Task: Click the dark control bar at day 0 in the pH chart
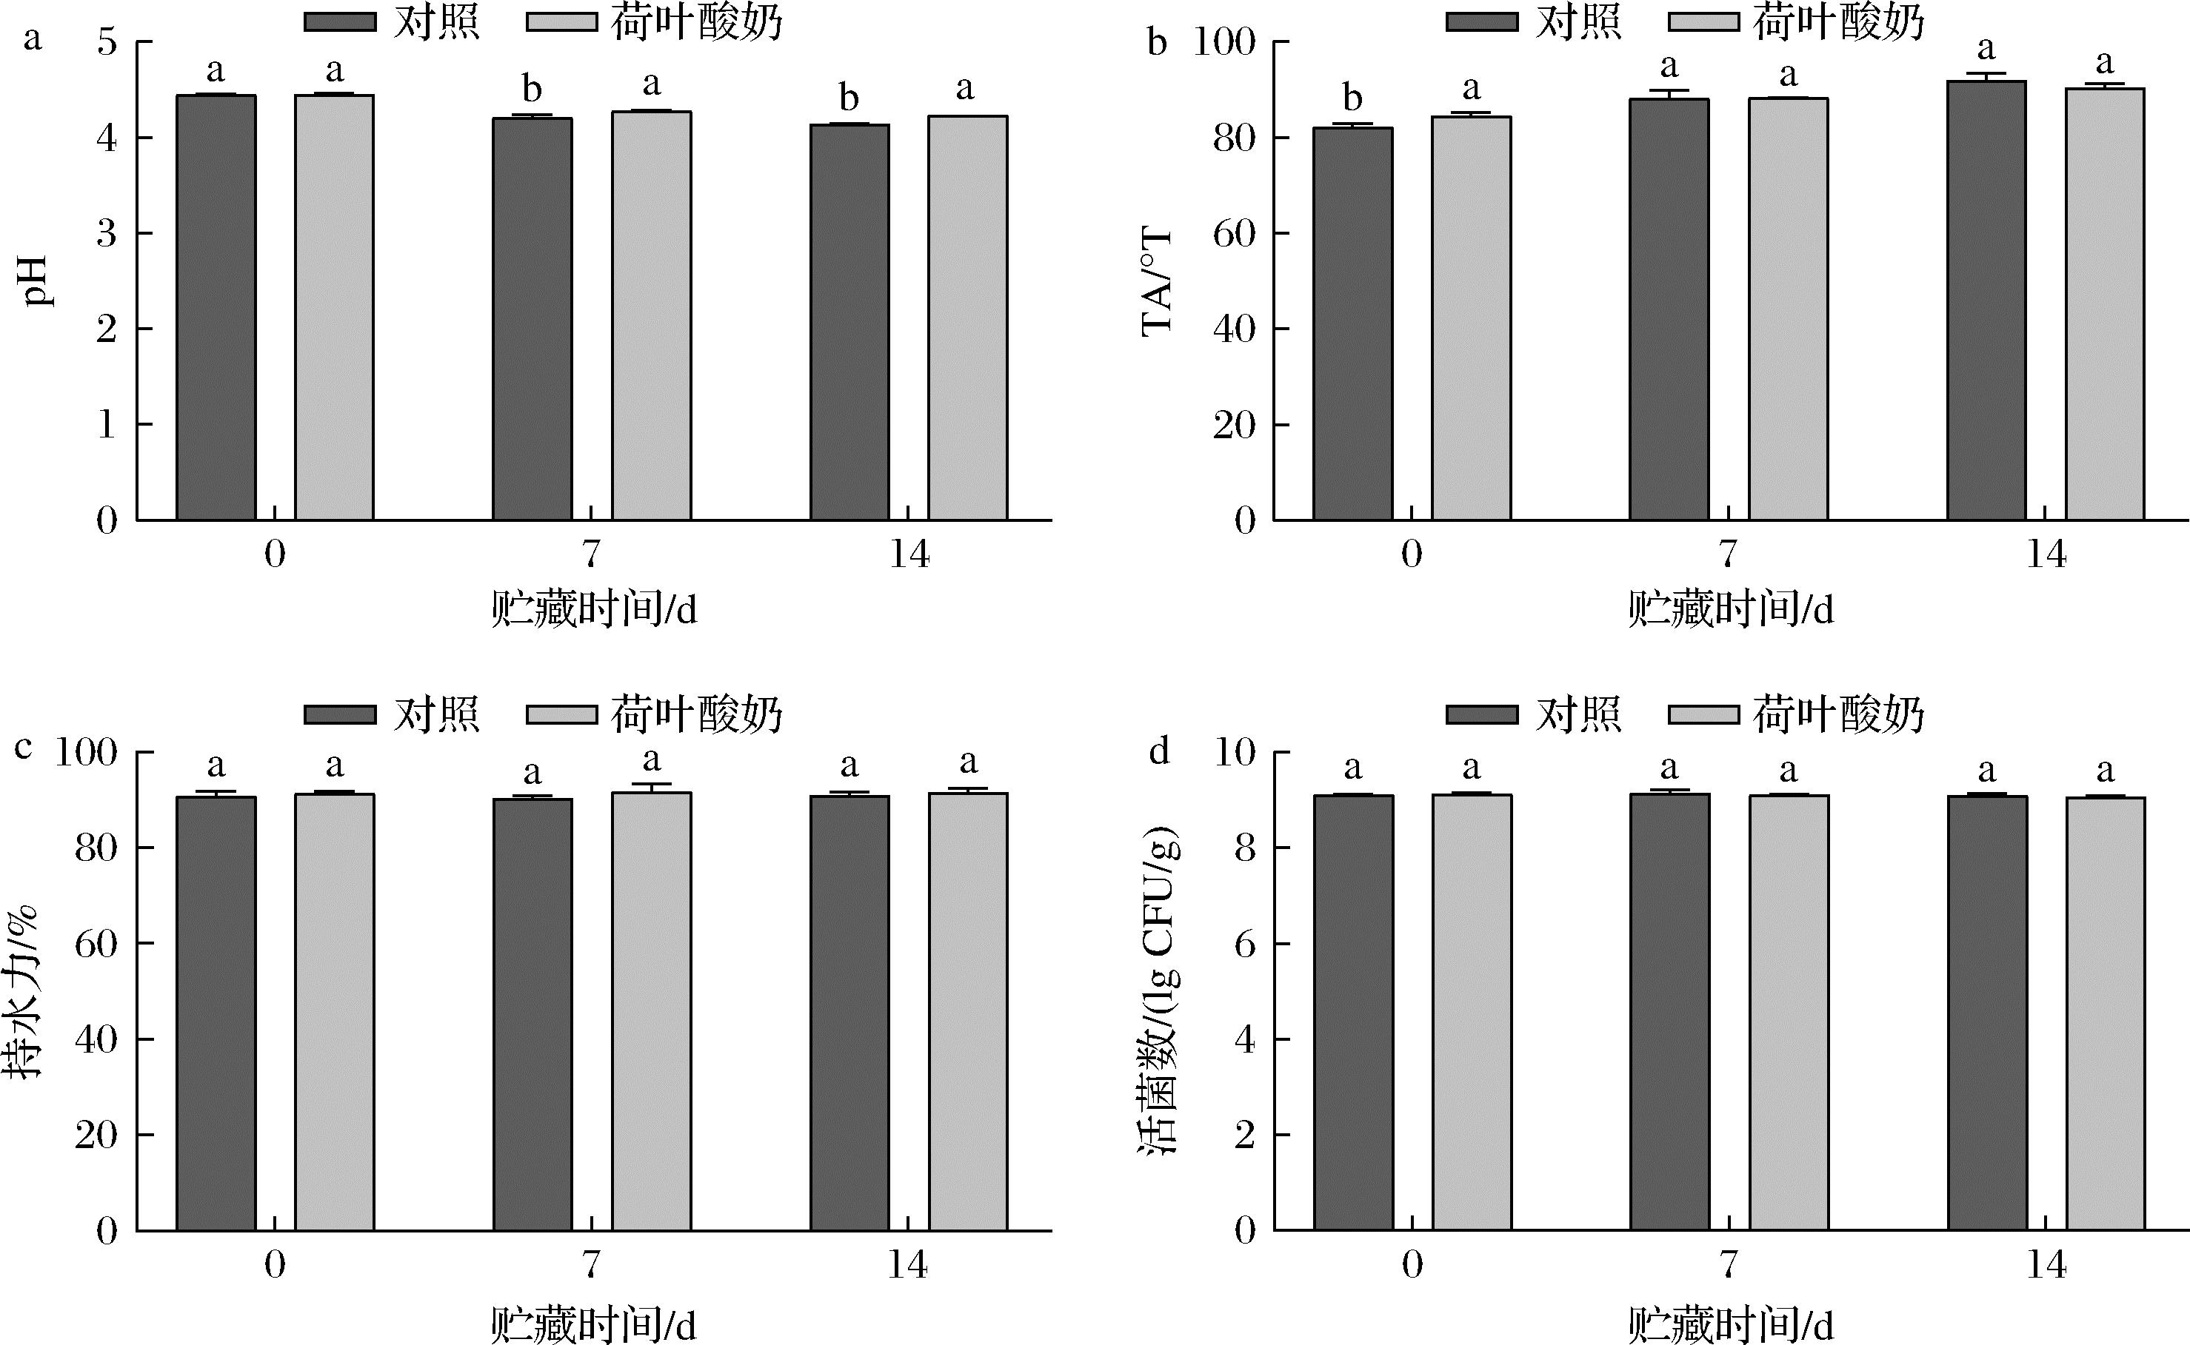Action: tap(216, 307)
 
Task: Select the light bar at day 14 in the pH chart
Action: tap(968, 318)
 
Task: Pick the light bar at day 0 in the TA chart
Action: tap(1471, 318)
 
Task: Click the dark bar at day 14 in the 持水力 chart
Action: tap(849, 1013)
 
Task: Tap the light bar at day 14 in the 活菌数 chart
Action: tap(2106, 1014)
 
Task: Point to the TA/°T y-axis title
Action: tap(1157, 281)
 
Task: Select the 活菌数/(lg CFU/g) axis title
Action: tap(1161, 991)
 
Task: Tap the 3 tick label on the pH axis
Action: tap(107, 233)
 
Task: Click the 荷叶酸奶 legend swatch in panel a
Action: tap(561, 21)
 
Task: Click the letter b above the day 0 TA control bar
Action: tap(1352, 98)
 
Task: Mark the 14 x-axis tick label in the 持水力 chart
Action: tap(909, 1264)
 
